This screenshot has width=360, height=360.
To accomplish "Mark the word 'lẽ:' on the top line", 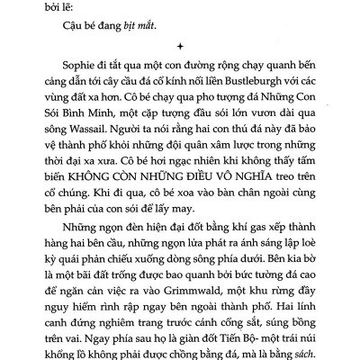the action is (x=65, y=3).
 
